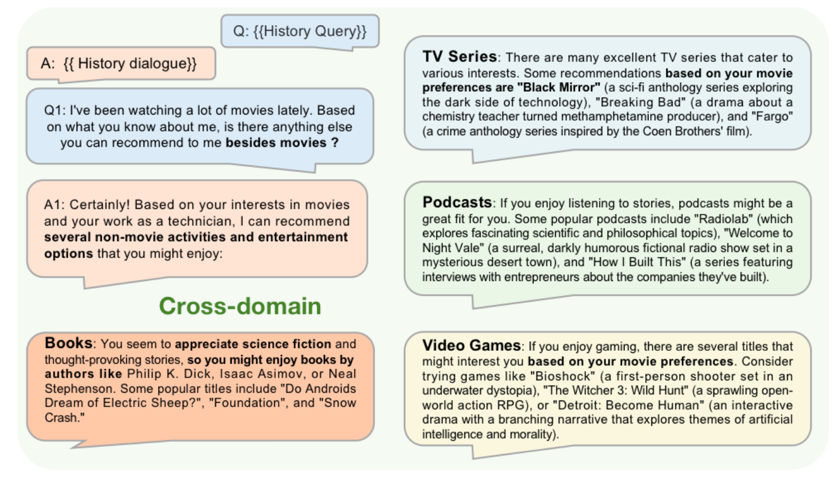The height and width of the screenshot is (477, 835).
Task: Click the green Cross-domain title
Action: [240, 306]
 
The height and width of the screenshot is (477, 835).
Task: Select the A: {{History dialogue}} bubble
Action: [121, 64]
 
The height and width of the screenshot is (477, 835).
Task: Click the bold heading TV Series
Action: [459, 56]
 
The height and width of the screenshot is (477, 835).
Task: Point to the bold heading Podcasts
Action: [457, 203]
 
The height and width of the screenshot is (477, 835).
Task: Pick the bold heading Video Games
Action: [471, 345]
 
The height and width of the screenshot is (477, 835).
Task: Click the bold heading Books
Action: [69, 343]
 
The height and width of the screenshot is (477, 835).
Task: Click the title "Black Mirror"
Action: [558, 88]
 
